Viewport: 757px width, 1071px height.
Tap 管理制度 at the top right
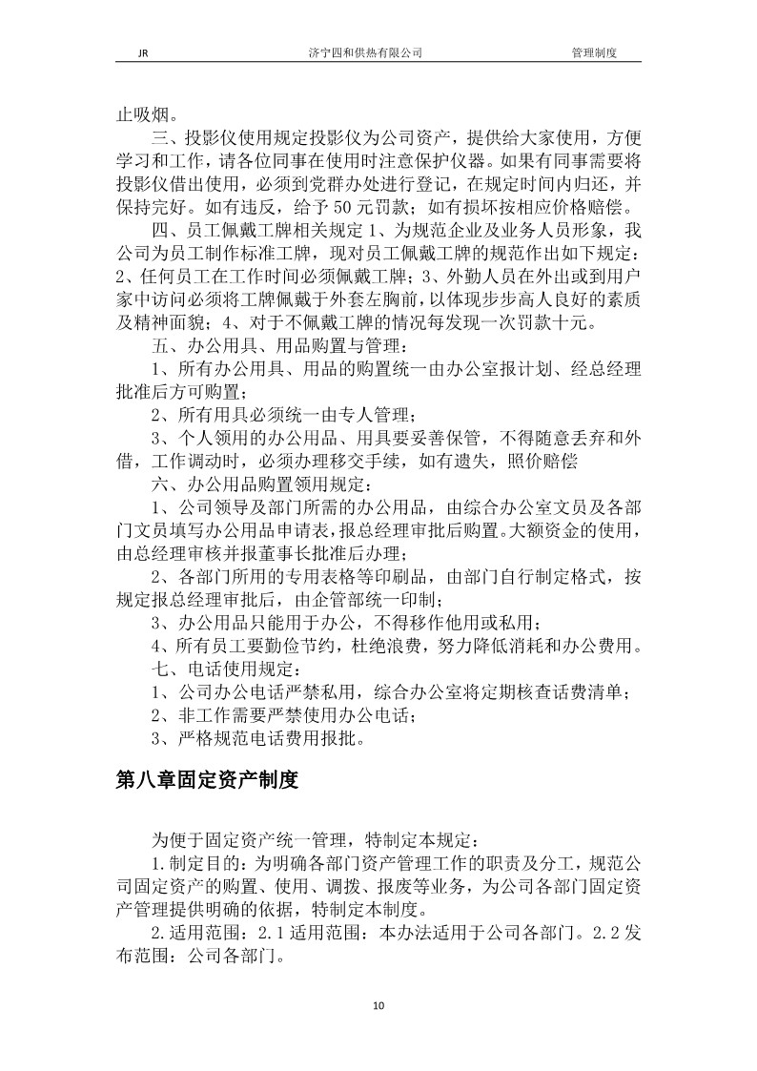[x=594, y=54]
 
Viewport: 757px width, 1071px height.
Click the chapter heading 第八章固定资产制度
[x=207, y=780]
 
